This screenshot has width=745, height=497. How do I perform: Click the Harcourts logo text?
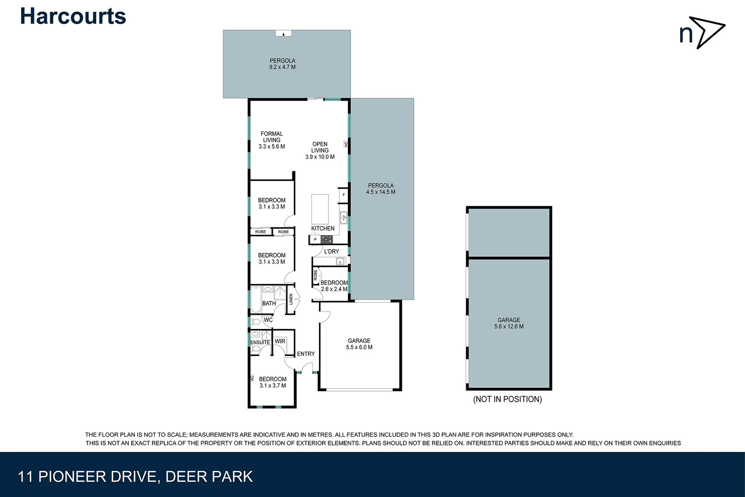tap(73, 17)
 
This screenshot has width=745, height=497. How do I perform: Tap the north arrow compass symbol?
tap(702, 32)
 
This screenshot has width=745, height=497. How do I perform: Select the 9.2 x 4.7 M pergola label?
tap(283, 64)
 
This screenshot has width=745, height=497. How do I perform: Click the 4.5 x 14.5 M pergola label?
tap(381, 189)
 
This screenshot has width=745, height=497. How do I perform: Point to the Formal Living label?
tap(271, 140)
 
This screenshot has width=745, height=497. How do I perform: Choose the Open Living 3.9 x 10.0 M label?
tap(320, 150)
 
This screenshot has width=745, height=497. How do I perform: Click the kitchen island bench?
tap(320, 208)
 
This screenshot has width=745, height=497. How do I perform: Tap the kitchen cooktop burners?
tap(327, 239)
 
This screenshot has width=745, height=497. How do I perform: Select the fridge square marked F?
tap(343, 195)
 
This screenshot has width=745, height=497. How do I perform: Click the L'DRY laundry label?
tap(331, 251)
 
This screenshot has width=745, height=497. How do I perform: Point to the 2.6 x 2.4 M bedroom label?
tap(334, 286)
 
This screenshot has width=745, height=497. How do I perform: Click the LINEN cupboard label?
tap(291, 299)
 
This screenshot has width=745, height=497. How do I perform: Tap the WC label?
tap(268, 320)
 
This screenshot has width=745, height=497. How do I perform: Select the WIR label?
tap(280, 341)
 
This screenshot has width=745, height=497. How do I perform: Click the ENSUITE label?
tap(260, 342)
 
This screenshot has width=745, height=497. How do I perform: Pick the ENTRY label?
tap(306, 354)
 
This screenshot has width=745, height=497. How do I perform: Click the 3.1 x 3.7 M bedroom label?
tap(272, 382)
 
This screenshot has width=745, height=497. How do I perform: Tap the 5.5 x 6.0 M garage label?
tap(359, 344)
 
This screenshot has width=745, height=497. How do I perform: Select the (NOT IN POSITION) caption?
tap(507, 399)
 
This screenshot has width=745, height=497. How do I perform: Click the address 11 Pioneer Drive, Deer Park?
tap(135, 476)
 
